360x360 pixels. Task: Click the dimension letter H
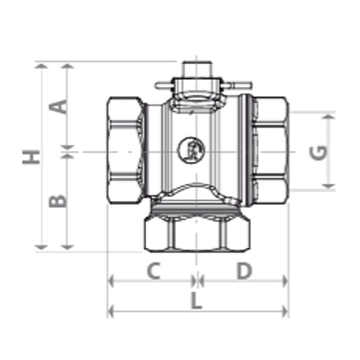coord(31,157)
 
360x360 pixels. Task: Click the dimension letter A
coord(58,107)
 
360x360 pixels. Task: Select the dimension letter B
coord(58,201)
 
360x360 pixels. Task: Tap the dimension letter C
coord(153,271)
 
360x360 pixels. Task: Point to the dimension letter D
coord(245,271)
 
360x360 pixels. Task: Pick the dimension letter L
coord(197,300)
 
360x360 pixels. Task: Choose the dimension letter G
coord(318,153)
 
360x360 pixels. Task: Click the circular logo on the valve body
coord(191,150)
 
